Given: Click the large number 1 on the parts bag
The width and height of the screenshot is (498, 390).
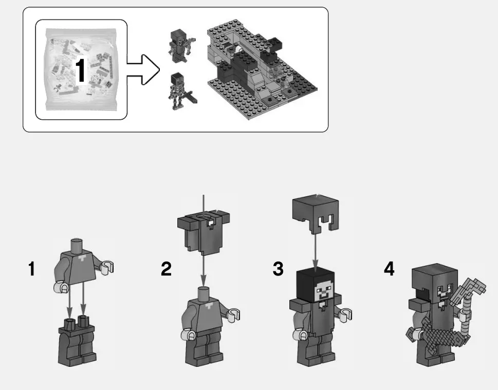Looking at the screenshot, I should (x=80, y=70).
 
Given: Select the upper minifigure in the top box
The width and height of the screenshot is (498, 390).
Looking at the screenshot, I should (x=180, y=45).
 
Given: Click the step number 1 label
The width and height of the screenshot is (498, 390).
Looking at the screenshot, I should (x=32, y=268).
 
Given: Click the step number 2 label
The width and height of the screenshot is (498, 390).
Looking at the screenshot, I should (x=166, y=268).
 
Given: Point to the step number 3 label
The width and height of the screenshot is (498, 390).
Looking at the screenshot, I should (x=278, y=268).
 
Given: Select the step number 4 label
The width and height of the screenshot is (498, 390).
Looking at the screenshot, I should (x=390, y=268).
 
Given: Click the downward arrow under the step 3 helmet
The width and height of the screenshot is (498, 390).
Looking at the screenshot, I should (x=315, y=249).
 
